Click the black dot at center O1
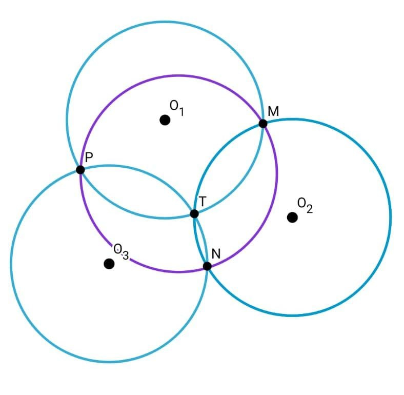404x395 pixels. pos(165,120)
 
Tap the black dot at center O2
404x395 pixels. pos(292,218)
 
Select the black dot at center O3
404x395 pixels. pos(109,264)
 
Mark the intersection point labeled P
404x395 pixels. pos(80,169)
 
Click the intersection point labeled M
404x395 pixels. pos(263,124)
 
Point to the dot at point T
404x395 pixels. pos(194,213)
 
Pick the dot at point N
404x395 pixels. pos(207,266)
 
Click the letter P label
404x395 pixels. pos(89,157)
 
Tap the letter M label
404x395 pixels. pos(273,111)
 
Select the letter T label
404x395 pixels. pos(203,202)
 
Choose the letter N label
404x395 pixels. pos(216,254)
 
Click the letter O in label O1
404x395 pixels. pos(174,106)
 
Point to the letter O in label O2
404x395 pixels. pos(301,204)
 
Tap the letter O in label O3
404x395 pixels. pos(118,249)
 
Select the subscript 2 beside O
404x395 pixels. pos(309,209)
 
